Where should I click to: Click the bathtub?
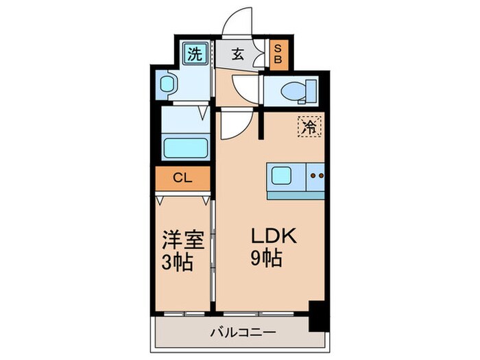(x=185, y=147)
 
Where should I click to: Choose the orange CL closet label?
(x=182, y=179)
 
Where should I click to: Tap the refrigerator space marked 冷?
(x=309, y=127)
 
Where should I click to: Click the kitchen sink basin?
(x=282, y=176)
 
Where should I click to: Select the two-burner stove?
(x=317, y=176)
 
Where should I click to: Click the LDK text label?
(x=272, y=237)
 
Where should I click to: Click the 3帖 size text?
(x=177, y=262)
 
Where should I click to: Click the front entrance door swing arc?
(x=241, y=21)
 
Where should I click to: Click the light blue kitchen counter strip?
(x=295, y=195)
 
